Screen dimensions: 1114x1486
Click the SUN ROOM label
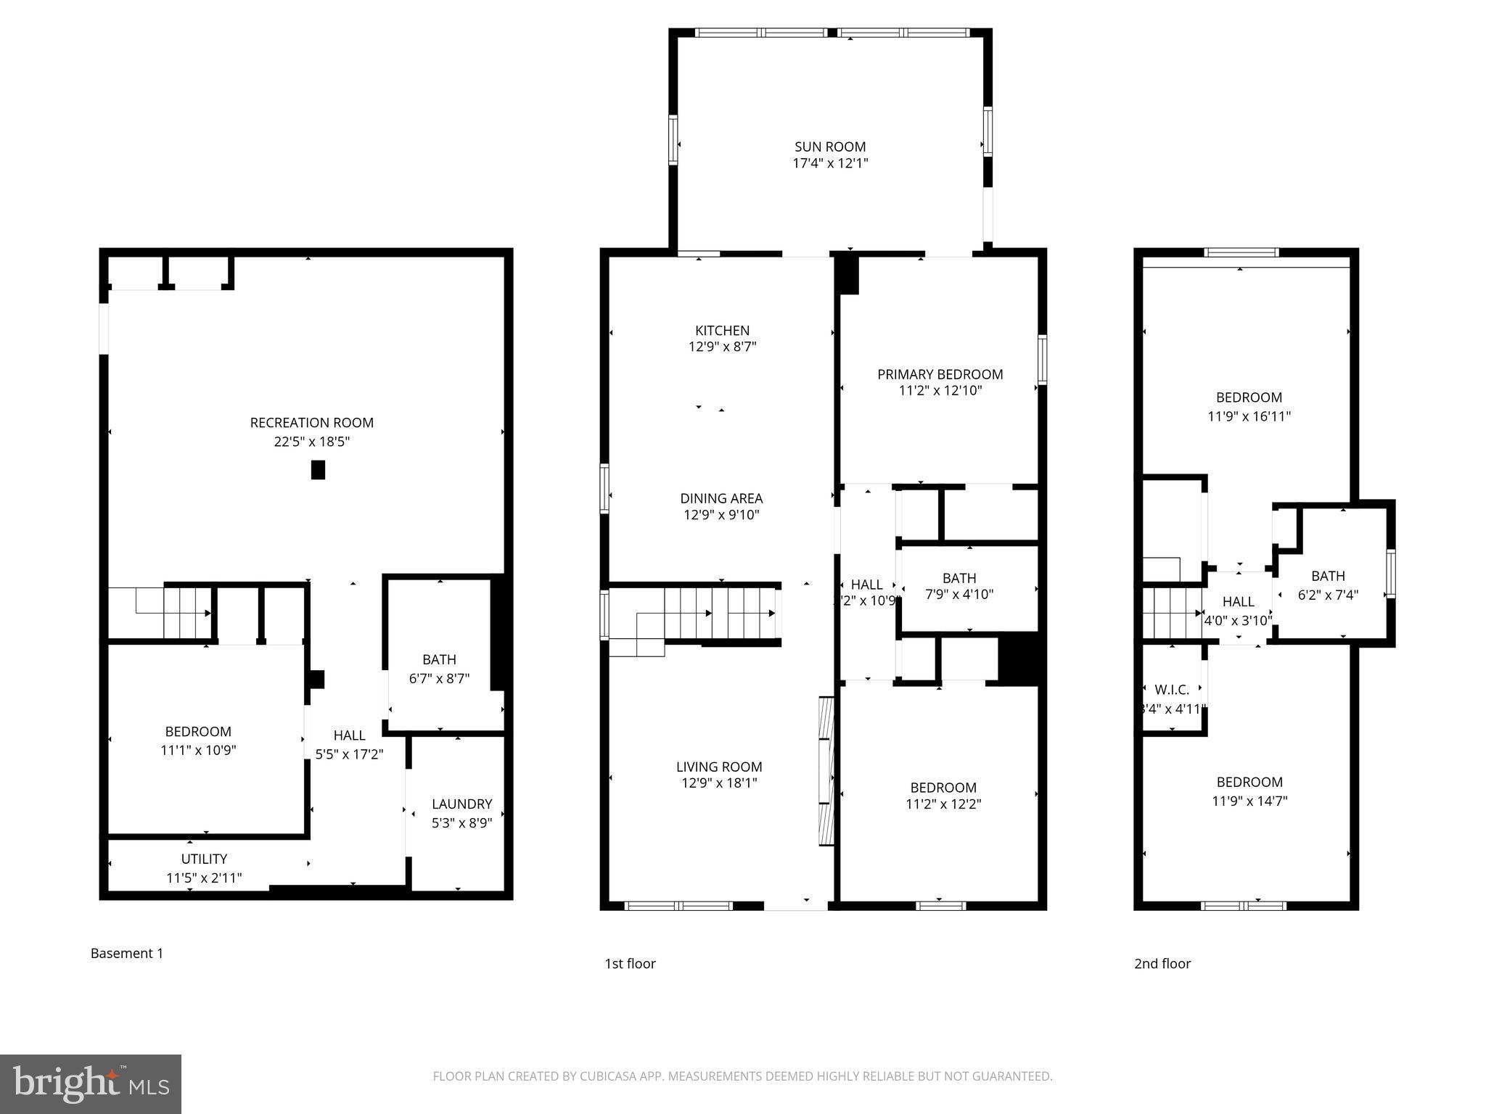pyautogui.click(x=829, y=147)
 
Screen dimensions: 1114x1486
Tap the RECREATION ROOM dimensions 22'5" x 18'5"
pyautogui.click(x=311, y=442)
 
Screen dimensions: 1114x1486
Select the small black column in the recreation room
pyautogui.click(x=318, y=470)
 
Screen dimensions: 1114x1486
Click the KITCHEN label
pyautogui.click(x=722, y=330)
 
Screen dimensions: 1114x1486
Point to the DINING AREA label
pyautogui.click(x=721, y=498)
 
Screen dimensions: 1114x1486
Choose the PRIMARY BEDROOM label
pyautogui.click(x=940, y=374)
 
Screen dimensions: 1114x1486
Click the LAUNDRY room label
pyautogui.click(x=461, y=804)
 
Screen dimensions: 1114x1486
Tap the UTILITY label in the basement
pyautogui.click(x=204, y=859)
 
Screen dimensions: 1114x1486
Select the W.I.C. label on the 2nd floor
pyautogui.click(x=1172, y=690)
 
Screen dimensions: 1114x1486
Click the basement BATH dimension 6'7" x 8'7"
pyautogui.click(x=439, y=679)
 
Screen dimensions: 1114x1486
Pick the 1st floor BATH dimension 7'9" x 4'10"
pyautogui.click(x=958, y=595)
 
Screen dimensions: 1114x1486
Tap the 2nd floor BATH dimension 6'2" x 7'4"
pyautogui.click(x=1328, y=595)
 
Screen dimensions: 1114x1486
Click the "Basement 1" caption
pyautogui.click(x=127, y=953)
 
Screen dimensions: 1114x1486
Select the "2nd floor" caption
pyautogui.click(x=1162, y=963)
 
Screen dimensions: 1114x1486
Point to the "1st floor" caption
pyautogui.click(x=630, y=963)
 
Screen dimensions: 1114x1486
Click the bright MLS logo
pyautogui.click(x=91, y=1084)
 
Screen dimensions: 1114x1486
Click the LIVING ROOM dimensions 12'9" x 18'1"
pyautogui.click(x=718, y=783)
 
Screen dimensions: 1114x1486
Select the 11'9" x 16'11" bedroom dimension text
pyautogui.click(x=1249, y=416)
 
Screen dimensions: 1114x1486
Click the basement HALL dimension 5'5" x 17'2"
pyautogui.click(x=349, y=754)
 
